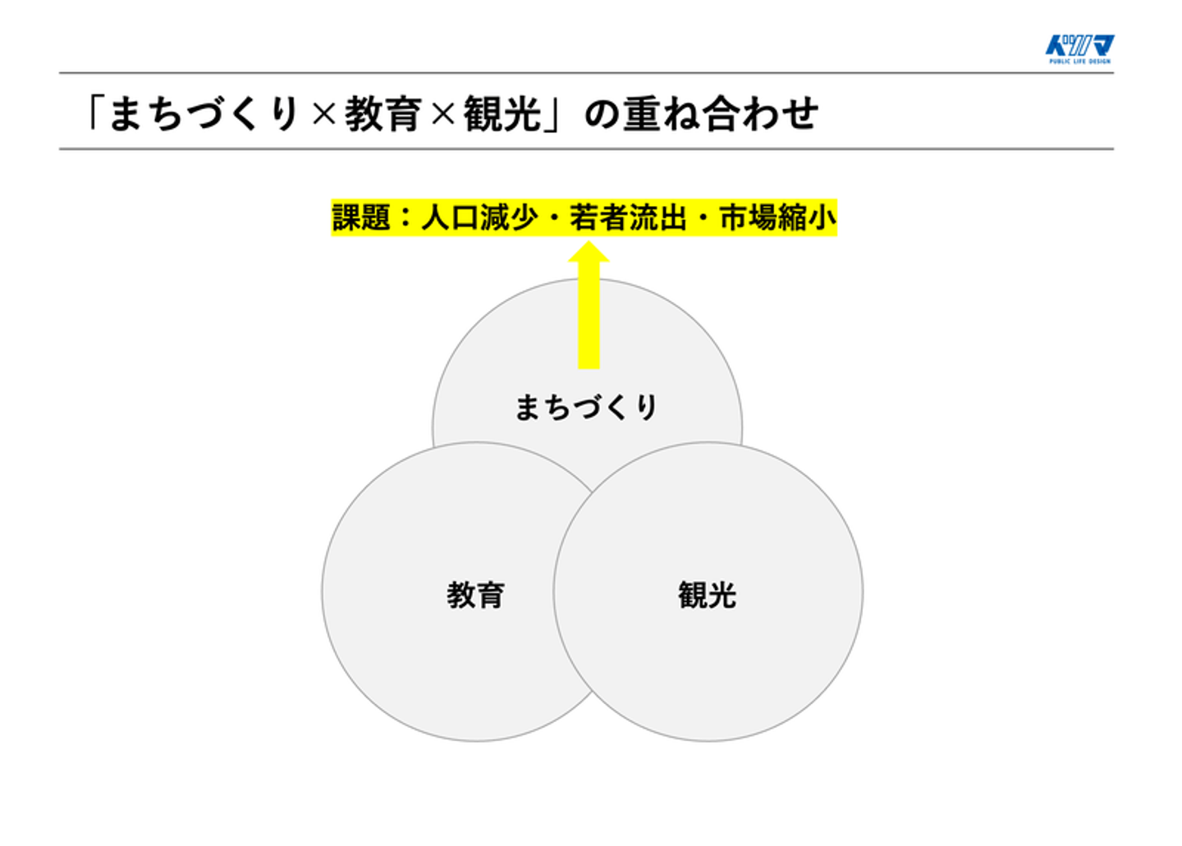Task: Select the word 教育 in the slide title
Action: pyautogui.click(x=383, y=114)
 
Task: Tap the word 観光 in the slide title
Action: pyautogui.click(x=502, y=114)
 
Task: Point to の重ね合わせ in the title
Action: pyautogui.click(x=701, y=114)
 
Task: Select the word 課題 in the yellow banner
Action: pyautogui.click(x=361, y=218)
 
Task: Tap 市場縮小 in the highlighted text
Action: pyautogui.click(x=777, y=218)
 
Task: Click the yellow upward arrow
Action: pyautogui.click(x=589, y=308)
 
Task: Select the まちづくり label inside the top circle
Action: pyautogui.click(x=586, y=407)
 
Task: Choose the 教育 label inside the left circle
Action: pyautogui.click(x=475, y=595)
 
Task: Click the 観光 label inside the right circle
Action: pyautogui.click(x=707, y=595)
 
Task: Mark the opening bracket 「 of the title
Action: pyautogui.click(x=94, y=114)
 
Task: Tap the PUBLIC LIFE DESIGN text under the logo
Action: pyautogui.click(x=1079, y=62)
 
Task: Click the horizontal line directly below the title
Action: pyautogui.click(x=586, y=149)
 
